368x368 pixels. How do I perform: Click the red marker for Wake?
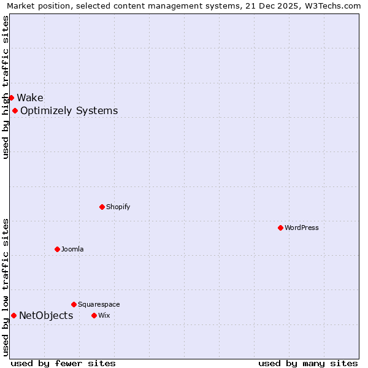(11, 98)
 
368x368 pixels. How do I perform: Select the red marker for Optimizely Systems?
(15, 110)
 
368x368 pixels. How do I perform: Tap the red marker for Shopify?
(102, 207)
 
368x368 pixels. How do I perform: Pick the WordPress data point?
(280, 228)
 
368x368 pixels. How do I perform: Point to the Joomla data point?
(57, 249)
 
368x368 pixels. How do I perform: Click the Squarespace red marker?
(74, 304)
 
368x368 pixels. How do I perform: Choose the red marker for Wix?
(94, 315)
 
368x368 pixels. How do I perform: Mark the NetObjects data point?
(13, 315)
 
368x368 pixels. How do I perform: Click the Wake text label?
(30, 98)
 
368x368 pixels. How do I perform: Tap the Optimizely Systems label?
(69, 111)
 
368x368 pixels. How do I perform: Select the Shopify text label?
(118, 207)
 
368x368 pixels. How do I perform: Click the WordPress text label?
(302, 228)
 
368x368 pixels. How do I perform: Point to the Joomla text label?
(72, 249)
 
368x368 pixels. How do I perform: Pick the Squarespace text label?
(99, 304)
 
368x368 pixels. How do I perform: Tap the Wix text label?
(104, 315)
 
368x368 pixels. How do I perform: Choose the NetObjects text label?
(46, 316)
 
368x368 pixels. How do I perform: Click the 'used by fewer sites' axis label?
(63, 364)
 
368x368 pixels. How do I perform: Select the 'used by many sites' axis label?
(308, 364)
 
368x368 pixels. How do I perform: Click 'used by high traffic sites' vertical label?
(6, 87)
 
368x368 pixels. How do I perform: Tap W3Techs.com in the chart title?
(332, 6)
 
